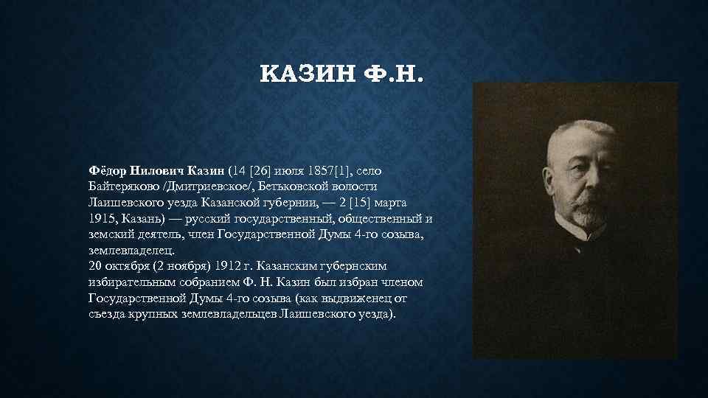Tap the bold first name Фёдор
[x=108, y=170]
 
